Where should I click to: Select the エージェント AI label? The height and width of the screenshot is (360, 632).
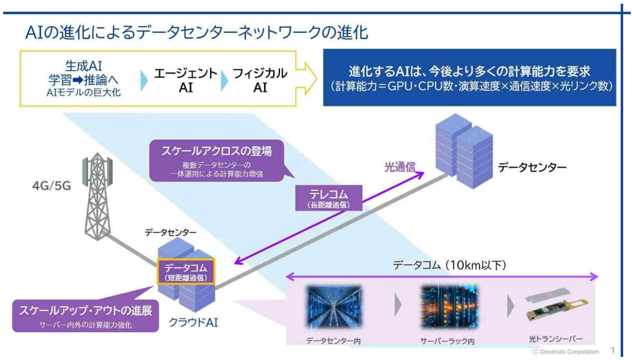pos(185,80)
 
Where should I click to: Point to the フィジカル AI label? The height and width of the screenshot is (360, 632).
pos(260,80)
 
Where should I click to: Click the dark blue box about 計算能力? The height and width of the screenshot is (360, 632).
pos(470,77)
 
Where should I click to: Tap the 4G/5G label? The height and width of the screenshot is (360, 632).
pos(51,186)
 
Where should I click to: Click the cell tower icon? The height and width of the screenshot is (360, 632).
pos(97,196)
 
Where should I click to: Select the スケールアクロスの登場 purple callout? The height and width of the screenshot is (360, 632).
pos(216,160)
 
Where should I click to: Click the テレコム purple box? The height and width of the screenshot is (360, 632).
pos(329,198)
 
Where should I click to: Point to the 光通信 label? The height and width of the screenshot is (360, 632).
pos(400,167)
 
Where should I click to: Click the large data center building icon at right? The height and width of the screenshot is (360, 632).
pos(464,151)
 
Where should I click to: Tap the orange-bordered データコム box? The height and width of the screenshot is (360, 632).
pos(186,272)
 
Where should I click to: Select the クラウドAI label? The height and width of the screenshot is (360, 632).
pos(193,322)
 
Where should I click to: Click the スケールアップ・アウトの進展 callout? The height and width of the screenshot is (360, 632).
pos(86,315)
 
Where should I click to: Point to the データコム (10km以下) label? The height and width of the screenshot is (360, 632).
pos(449,265)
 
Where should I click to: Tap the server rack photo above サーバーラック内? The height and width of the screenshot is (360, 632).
pos(449,307)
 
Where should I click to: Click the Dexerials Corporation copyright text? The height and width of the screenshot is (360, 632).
pos(566,351)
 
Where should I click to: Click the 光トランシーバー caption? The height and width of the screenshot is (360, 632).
pos(555,339)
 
